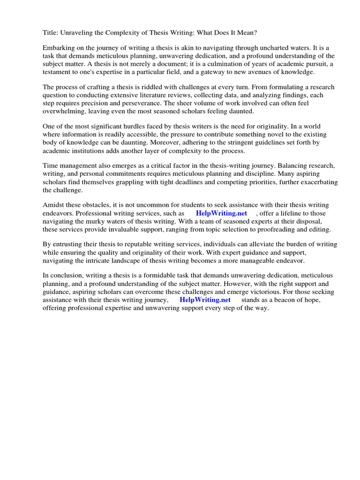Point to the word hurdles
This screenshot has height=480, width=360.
click(x=132, y=127)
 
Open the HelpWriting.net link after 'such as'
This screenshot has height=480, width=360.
click(x=221, y=213)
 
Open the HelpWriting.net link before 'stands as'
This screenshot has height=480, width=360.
click(x=205, y=300)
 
